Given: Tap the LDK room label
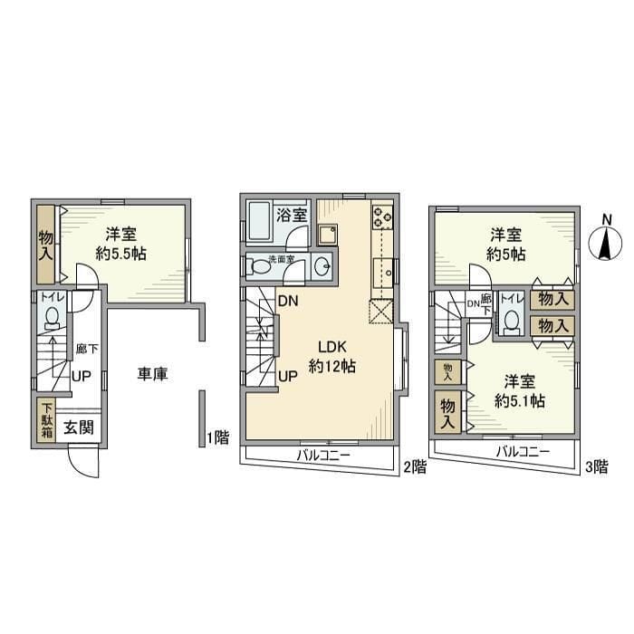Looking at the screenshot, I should point(330,347).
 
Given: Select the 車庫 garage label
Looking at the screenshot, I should point(153,373).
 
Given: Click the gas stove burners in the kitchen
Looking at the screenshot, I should point(382,216).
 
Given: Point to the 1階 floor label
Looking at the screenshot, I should point(217,437).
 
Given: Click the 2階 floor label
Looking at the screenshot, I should point(413,466).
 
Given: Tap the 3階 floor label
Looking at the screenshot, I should point(596,466).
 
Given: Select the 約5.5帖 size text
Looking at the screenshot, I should point(120,254).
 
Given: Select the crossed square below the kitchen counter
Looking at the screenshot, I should point(380,312).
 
